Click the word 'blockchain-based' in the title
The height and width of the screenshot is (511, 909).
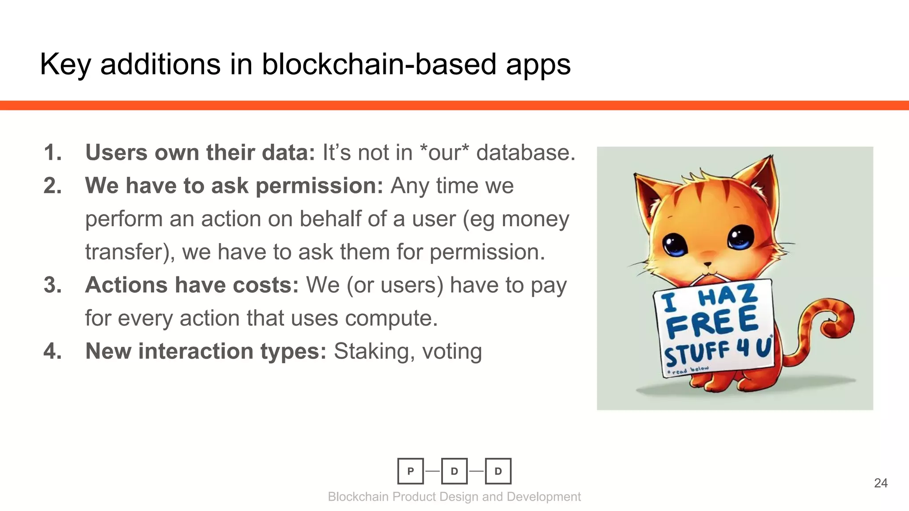point(380,64)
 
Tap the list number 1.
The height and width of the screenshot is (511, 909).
point(52,153)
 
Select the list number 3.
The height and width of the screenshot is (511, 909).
point(52,285)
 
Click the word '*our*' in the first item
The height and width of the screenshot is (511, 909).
point(444,153)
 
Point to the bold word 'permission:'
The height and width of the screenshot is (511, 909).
point(319,185)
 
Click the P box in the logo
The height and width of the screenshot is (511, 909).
point(410,471)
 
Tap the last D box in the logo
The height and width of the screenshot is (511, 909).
point(498,471)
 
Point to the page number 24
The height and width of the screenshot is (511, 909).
point(881,483)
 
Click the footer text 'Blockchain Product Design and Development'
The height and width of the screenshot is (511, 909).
point(454,497)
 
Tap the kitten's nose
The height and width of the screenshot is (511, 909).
point(707,265)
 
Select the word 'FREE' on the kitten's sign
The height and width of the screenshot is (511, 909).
point(712,323)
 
